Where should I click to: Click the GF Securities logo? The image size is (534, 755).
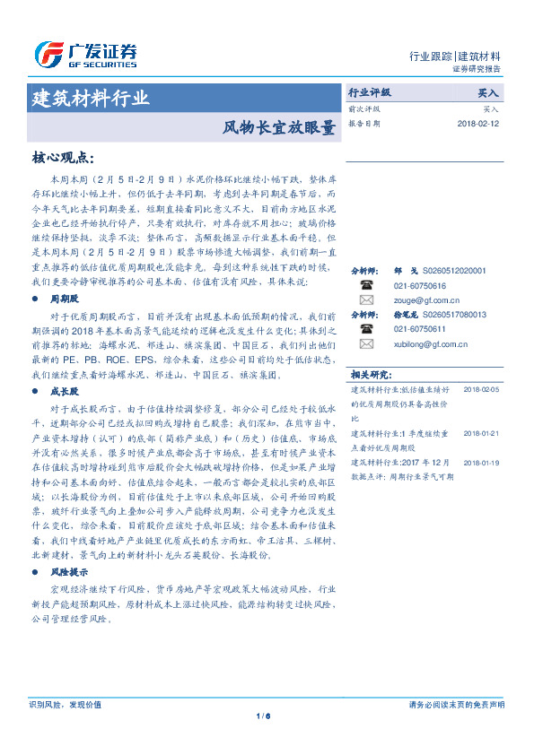pos(85,55)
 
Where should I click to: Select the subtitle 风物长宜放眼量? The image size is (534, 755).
pos(279,127)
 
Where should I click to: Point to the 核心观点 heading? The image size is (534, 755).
pos(62,158)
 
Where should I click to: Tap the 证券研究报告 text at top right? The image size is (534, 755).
pos(477,69)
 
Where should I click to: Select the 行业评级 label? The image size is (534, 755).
pos(369,92)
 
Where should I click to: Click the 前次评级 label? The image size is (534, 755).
pos(363,108)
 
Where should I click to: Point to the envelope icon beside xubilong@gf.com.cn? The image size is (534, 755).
pos(365,343)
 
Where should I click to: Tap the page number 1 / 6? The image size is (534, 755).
pos(264,715)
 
